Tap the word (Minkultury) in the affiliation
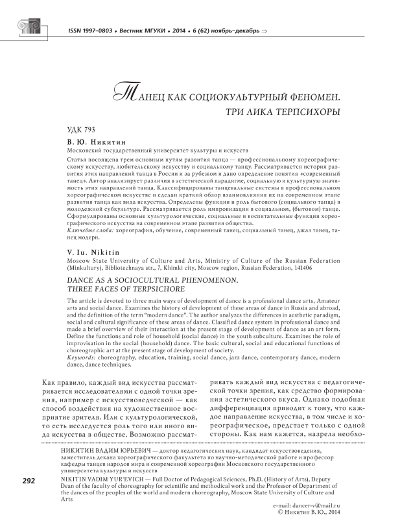(x=89, y=266)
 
